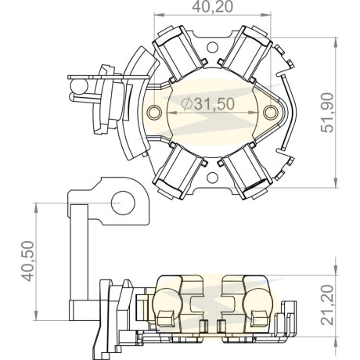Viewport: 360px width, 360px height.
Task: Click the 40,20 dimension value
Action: [x=212, y=7]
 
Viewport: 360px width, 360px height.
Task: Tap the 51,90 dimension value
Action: [x=327, y=113]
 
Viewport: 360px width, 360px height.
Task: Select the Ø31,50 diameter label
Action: [x=208, y=104]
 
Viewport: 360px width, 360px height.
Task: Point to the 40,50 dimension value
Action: [x=28, y=261]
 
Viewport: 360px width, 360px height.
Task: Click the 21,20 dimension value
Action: [x=327, y=305]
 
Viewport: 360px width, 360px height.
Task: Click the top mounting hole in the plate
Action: [x=212, y=48]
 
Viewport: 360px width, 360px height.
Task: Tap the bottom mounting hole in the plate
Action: [x=212, y=178]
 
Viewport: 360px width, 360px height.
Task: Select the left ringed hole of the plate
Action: [x=154, y=113]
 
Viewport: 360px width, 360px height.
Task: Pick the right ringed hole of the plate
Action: [x=270, y=113]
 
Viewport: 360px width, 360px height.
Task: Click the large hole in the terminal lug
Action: [x=123, y=203]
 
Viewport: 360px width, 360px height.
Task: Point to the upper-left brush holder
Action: [x=178, y=54]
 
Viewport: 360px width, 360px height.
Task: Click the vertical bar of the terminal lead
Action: [x=79, y=253]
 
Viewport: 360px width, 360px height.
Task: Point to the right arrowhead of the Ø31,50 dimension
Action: [x=254, y=113]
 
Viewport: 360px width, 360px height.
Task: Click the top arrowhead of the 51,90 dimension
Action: [x=336, y=41]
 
